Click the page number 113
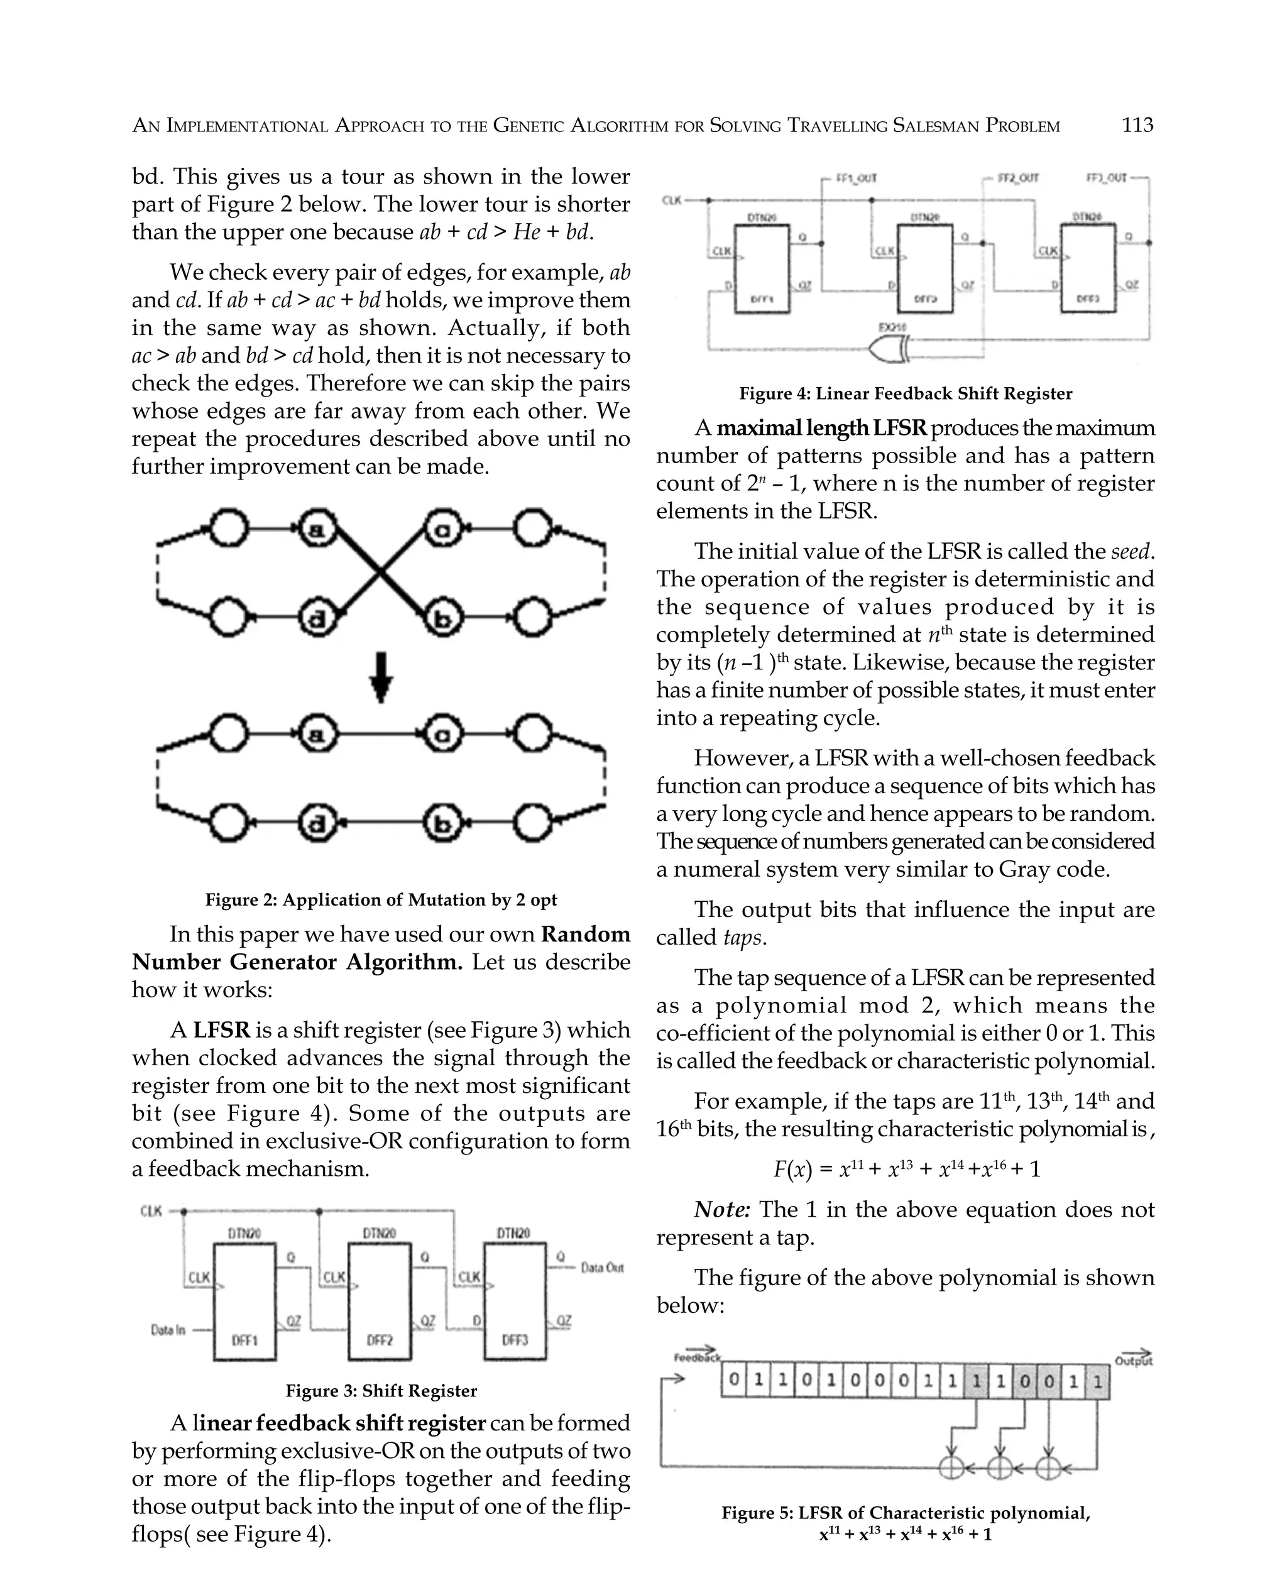click(1137, 125)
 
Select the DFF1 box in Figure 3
click(244, 1302)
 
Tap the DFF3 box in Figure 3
click(515, 1302)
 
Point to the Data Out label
click(601, 1268)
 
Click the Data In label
click(168, 1330)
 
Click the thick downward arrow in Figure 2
click(380, 676)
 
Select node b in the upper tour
click(442, 618)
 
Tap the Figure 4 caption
click(905, 393)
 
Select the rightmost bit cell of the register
click(1098, 1382)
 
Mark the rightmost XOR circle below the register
click(1048, 1467)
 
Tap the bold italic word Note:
click(722, 1210)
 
